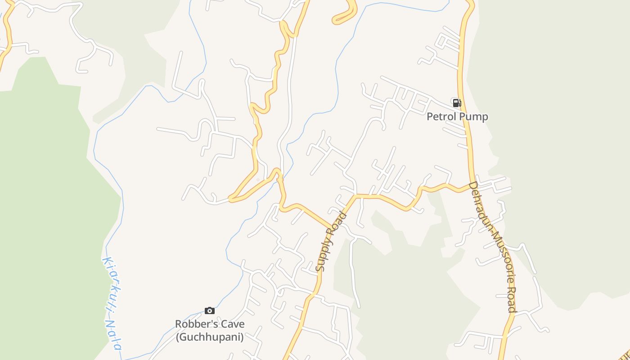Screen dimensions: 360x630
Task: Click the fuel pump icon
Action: pos(457,103)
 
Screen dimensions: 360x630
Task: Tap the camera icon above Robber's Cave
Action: pos(209,310)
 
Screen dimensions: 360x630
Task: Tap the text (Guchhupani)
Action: pos(210,337)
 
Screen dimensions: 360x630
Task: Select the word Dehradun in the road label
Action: pos(481,207)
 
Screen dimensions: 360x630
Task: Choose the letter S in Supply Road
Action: pos(320,268)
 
